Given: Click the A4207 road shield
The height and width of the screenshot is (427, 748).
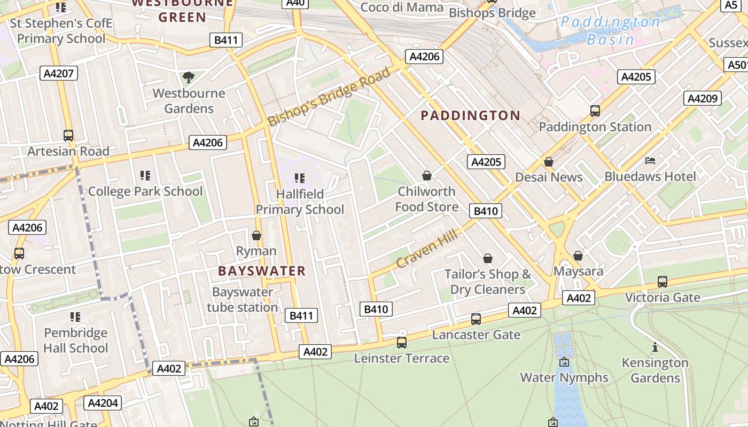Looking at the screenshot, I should coord(59,74).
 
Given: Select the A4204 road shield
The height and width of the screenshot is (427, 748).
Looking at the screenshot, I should coord(103,403).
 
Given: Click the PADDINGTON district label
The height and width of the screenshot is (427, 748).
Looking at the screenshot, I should coord(470,115).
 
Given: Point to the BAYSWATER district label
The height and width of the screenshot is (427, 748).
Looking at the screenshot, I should coord(262,271).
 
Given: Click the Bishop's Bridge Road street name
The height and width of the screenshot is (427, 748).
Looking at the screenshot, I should coord(329,97).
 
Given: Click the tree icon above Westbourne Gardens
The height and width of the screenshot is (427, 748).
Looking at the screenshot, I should coord(188,78).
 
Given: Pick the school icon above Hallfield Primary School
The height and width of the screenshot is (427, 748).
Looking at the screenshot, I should coord(300,178).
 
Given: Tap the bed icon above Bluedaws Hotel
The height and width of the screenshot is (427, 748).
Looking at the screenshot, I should coord(650,161).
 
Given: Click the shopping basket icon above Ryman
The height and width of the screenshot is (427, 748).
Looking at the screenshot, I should coord(256,235).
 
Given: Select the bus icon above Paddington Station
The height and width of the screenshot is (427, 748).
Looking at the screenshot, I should coord(595,111).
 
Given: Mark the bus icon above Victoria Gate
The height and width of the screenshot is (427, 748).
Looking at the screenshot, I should coord(663,281).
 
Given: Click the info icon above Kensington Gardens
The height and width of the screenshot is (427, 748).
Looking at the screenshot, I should coord(655,347).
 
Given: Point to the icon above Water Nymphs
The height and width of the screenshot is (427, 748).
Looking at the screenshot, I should coord(564,362).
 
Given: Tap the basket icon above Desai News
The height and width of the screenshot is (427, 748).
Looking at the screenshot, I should coord(549,162).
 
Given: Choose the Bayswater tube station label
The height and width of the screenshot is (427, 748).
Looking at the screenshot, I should coord(243,299).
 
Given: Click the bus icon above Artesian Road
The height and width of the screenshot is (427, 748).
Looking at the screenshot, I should coord(68,136).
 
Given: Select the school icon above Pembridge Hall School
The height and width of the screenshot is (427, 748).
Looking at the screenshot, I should coord(75,317).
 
